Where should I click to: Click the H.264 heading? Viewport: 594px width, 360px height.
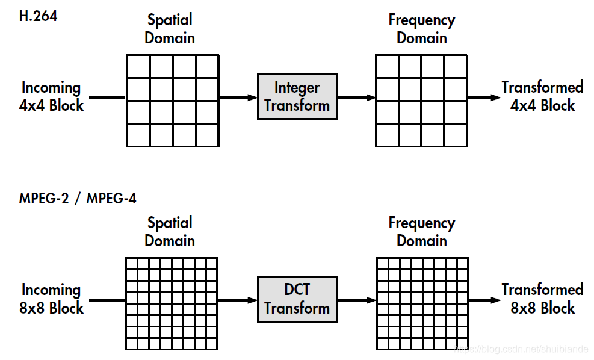point(39,16)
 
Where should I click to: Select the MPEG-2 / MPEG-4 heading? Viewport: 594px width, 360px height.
point(78,198)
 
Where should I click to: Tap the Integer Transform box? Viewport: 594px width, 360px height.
point(297,96)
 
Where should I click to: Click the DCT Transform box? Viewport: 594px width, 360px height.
point(297,299)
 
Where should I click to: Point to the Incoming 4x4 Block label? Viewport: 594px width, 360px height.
point(52,96)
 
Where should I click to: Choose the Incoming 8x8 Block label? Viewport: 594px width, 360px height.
point(52,299)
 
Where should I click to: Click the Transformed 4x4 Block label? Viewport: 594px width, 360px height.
point(542,96)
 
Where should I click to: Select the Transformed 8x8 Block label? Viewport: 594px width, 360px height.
point(542,299)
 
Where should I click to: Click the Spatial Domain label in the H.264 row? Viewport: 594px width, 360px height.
point(170,29)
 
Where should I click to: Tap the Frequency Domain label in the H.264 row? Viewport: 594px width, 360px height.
point(421,29)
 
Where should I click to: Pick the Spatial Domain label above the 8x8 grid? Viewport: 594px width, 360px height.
point(170,232)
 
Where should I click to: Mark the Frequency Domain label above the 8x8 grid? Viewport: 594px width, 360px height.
point(421,232)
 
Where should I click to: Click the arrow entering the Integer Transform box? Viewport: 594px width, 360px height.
point(238,97)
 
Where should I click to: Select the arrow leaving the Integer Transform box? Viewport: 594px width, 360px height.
point(356,97)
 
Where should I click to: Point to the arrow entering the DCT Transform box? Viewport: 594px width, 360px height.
point(238,300)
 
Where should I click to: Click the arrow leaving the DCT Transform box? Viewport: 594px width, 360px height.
point(356,300)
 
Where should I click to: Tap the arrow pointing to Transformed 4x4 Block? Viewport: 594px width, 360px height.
point(483,97)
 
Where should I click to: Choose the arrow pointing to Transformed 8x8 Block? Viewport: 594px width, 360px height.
point(483,300)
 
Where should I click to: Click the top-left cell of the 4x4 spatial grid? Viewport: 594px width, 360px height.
point(138,66)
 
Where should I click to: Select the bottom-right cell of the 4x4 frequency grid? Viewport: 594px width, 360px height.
point(455,135)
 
